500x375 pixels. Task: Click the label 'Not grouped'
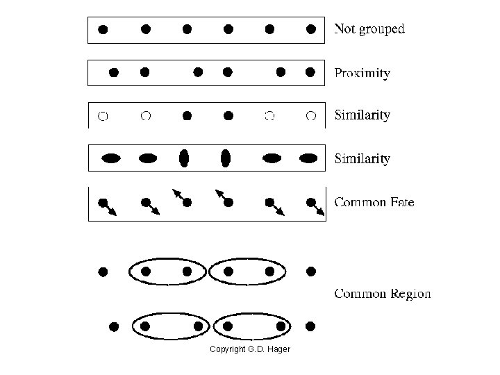pyautogui.click(x=369, y=29)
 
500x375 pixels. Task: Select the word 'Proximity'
pyautogui.click(x=362, y=73)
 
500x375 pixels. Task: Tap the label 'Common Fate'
pyautogui.click(x=374, y=203)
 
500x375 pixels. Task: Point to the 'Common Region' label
pyautogui.click(x=383, y=294)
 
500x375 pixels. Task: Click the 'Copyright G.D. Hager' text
pyautogui.click(x=250, y=349)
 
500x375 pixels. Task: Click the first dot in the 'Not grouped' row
pyautogui.click(x=103, y=29)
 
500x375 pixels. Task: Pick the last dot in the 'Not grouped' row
pyautogui.click(x=312, y=29)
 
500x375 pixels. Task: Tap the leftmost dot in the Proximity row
pyautogui.click(x=115, y=72)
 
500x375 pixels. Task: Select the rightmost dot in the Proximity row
pyautogui.click(x=310, y=72)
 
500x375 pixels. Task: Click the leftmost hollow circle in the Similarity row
pyautogui.click(x=103, y=116)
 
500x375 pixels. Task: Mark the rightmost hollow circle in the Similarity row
pyautogui.click(x=312, y=116)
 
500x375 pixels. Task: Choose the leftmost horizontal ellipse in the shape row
pyautogui.click(x=111, y=158)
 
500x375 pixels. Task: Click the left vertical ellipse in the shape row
pyautogui.click(x=184, y=158)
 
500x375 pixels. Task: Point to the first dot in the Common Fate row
pyautogui.click(x=103, y=203)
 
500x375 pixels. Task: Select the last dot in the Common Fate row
pyautogui.click(x=311, y=203)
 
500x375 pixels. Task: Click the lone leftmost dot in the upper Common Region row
pyautogui.click(x=103, y=272)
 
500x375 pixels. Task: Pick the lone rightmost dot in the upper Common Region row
pyautogui.click(x=311, y=271)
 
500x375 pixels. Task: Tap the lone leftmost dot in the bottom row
pyautogui.click(x=115, y=326)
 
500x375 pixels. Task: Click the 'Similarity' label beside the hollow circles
pyautogui.click(x=362, y=115)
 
